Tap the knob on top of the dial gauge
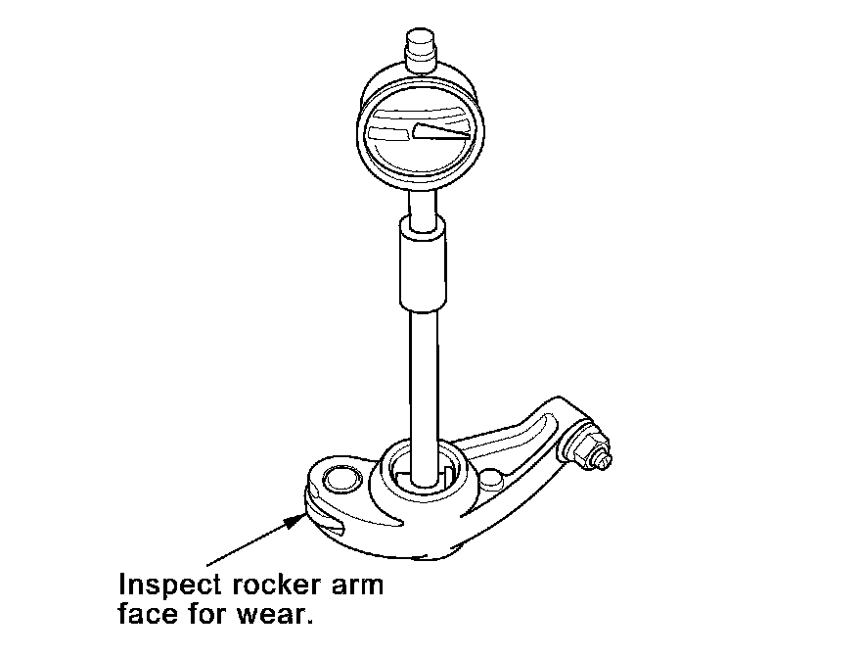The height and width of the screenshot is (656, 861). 419,51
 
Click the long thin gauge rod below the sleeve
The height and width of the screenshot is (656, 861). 423,382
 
